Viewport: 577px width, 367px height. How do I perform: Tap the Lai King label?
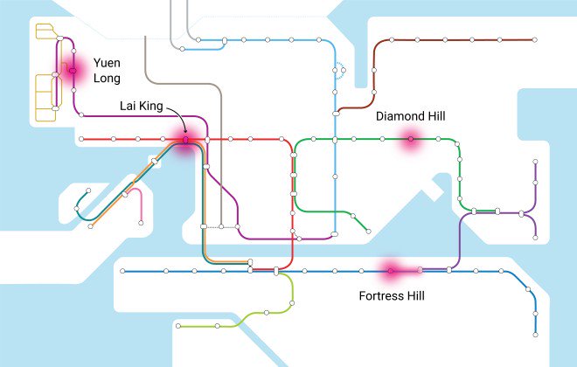tap(140, 106)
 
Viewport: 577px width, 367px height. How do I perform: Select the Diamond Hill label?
tap(409, 115)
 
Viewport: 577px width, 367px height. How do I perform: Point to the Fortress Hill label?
tap(392, 296)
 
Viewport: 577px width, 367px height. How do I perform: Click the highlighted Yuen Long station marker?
tap(74, 70)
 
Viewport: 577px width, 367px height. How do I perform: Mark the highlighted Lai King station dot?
tap(186, 140)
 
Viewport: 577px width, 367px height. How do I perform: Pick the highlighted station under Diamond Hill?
tap(409, 139)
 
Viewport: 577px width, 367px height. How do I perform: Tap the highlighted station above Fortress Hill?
tap(391, 271)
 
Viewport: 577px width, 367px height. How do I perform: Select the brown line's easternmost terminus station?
tap(532, 39)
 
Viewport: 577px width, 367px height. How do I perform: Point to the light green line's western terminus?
tap(177, 326)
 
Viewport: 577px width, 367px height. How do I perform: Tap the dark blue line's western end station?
tap(122, 271)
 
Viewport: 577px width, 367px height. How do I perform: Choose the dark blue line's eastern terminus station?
tap(534, 333)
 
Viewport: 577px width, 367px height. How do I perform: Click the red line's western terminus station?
tap(81, 139)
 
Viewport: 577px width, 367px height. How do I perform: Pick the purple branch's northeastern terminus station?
tap(535, 163)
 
